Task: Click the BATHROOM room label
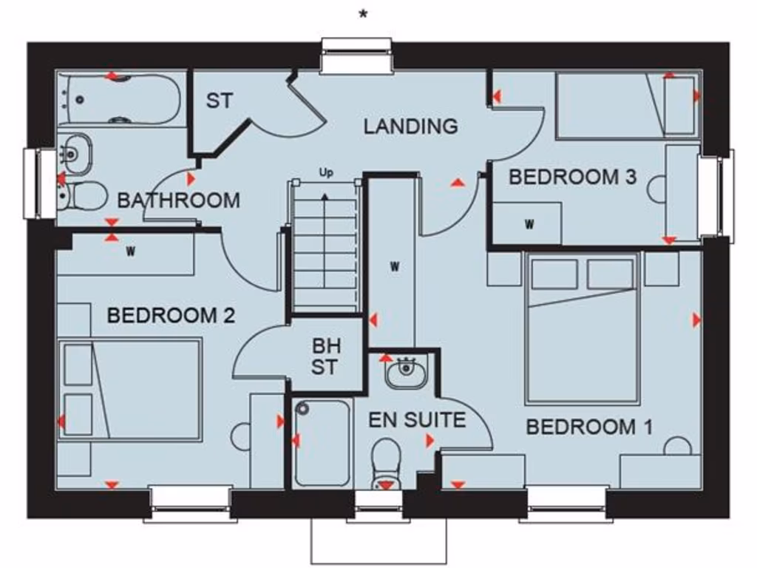178,200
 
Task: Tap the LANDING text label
410,126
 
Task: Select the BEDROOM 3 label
572,177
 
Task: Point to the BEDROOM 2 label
171,316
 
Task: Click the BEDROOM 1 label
589,427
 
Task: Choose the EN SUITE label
417,421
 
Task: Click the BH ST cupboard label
325,356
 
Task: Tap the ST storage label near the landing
219,101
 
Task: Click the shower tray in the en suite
321,442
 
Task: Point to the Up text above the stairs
326,173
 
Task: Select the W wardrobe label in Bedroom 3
529,224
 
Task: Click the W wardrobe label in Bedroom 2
131,251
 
